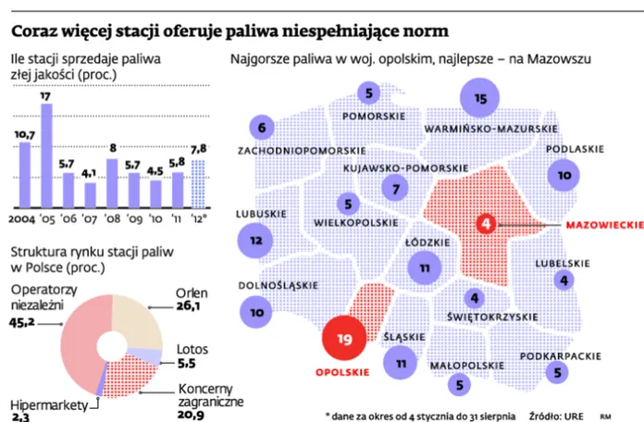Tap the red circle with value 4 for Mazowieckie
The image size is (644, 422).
pos(487,223)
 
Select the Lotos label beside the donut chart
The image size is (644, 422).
pos(193,351)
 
